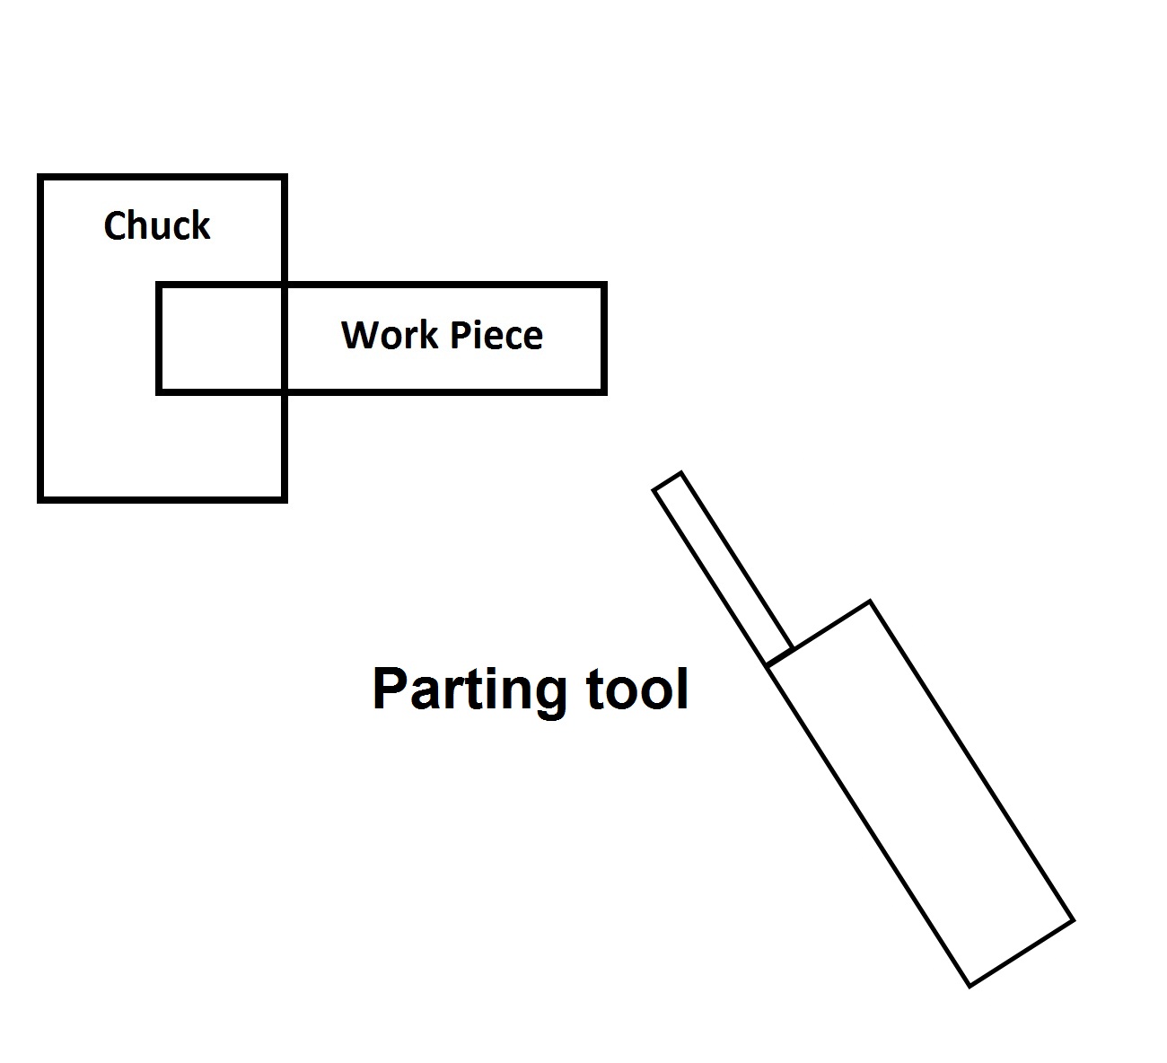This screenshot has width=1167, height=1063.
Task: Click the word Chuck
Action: (x=157, y=225)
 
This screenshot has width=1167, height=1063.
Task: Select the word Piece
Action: (x=496, y=335)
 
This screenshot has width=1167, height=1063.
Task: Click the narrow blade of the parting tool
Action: (x=724, y=569)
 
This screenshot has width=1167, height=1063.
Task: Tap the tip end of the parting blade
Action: (x=668, y=481)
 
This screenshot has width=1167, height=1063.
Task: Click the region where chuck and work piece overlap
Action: (x=221, y=338)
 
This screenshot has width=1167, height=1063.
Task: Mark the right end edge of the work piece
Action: (x=603, y=338)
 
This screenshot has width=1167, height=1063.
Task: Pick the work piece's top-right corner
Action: (x=603, y=286)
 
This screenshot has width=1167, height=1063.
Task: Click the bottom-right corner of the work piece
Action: (x=603, y=391)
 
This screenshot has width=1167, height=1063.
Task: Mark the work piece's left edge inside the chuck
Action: (x=159, y=338)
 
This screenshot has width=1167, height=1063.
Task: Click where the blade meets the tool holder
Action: (x=779, y=656)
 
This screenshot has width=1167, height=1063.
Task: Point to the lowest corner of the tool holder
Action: (x=970, y=986)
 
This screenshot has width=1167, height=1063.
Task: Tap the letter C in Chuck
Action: (x=114, y=225)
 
